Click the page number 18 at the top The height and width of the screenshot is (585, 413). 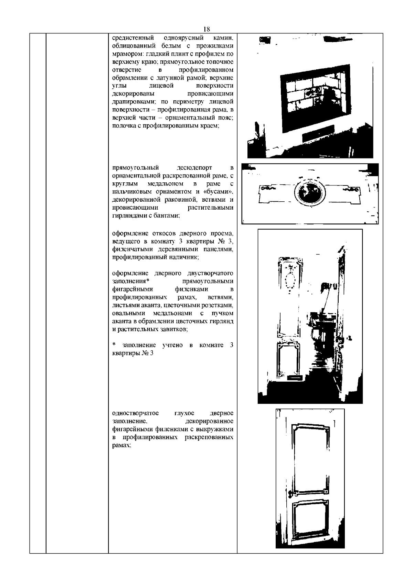click(x=206, y=29)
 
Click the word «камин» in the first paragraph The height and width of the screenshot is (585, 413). click(x=224, y=38)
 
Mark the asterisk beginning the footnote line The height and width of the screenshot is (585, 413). click(x=114, y=345)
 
